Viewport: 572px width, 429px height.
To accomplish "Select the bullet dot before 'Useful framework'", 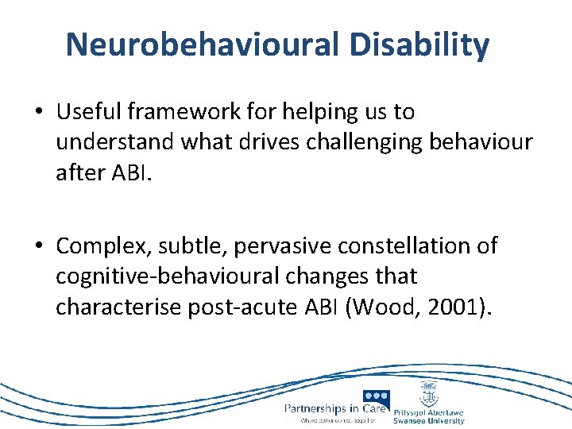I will click(39, 113).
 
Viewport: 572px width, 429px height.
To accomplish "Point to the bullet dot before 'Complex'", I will click(39, 246).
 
